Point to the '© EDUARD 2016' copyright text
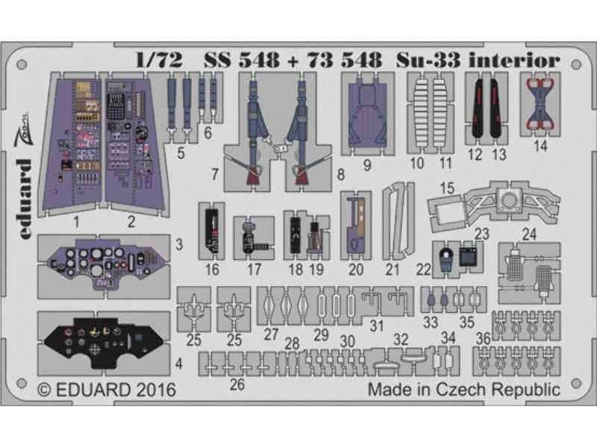(105, 390)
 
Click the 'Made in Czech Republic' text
(463, 390)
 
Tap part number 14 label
(541, 146)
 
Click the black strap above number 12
(478, 113)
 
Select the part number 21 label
(393, 270)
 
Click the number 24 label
(529, 233)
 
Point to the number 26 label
(237, 385)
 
